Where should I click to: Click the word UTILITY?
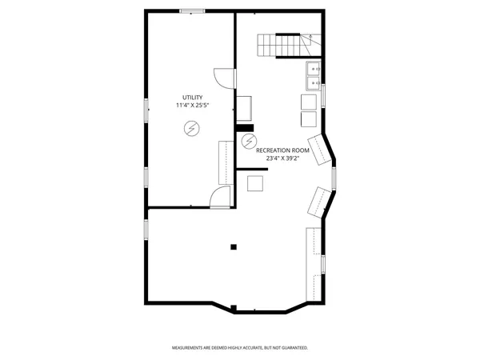pyautogui.click(x=192, y=97)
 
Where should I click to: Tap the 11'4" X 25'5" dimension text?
pyautogui.click(x=192, y=106)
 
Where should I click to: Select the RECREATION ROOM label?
pyautogui.click(x=282, y=150)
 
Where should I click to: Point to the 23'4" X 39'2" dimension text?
pyautogui.click(x=282, y=158)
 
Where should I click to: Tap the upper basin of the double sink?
pyautogui.click(x=312, y=70)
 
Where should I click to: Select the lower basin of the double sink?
pyautogui.click(x=312, y=82)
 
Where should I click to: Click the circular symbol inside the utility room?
pyautogui.click(x=192, y=127)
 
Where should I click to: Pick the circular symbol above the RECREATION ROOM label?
pyautogui.click(x=249, y=142)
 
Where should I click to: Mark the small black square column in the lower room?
pyautogui.click(x=234, y=247)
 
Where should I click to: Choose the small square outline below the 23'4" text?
pyautogui.click(x=256, y=183)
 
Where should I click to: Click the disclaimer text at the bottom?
pyautogui.click(x=240, y=348)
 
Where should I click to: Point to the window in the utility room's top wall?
pyautogui.click(x=190, y=11)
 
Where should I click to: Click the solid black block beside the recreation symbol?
pyautogui.click(x=244, y=127)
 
